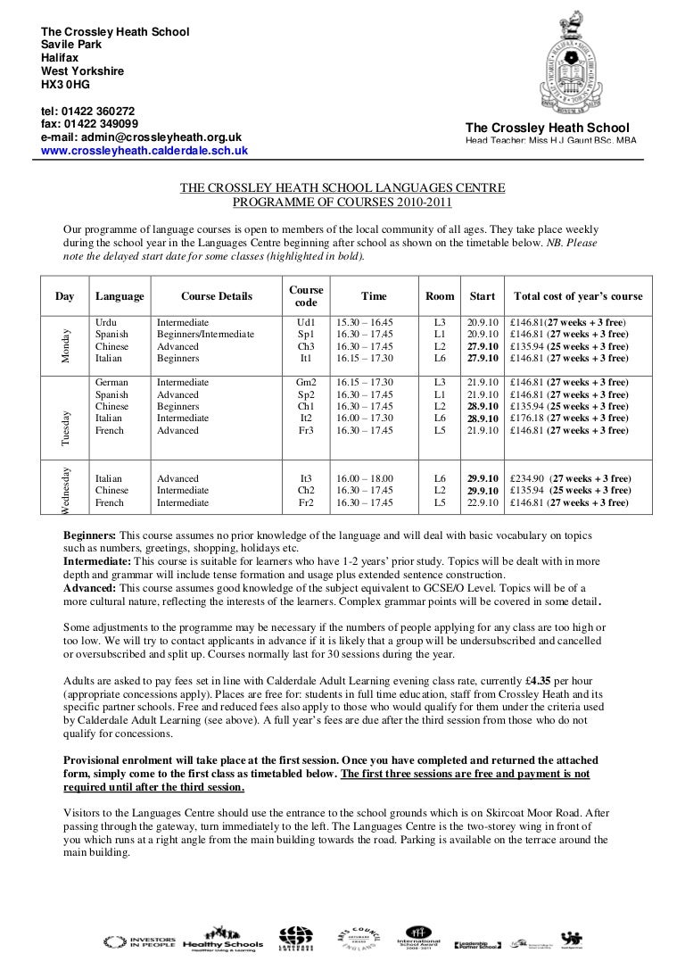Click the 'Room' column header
coord(439,297)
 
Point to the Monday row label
coord(64,341)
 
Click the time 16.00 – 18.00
coord(365,478)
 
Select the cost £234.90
coord(526,478)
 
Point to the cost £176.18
coord(526,418)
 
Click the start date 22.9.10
coord(482,502)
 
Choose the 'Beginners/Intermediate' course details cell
coord(205,335)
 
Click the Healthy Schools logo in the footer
coord(222,942)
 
